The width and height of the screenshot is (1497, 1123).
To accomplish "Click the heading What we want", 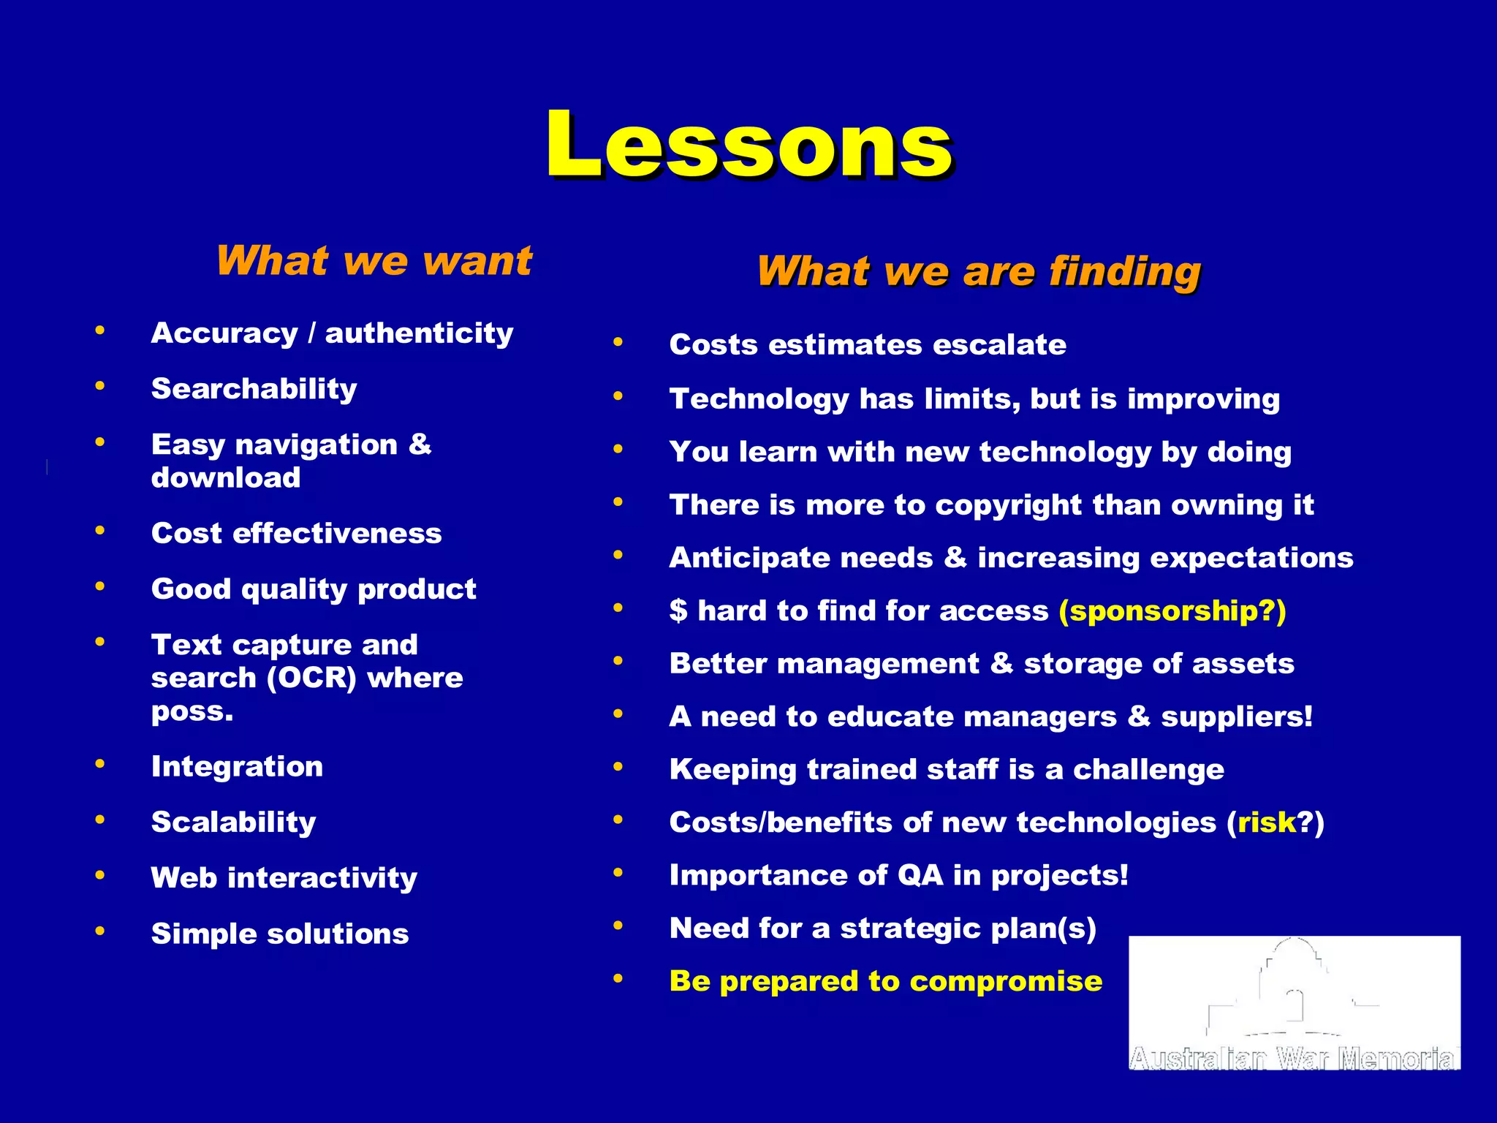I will coord(374,261).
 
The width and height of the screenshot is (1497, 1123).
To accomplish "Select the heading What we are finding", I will coord(979,271).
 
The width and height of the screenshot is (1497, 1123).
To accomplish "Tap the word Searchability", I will coord(254,389).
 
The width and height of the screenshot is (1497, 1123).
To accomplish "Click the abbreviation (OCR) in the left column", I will coord(311,678).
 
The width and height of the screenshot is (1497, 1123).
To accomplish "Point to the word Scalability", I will coord(233,823).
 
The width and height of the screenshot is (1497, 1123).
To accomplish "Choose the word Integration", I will coord(237,767).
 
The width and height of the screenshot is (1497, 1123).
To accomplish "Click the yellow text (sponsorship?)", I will coord(1172,611).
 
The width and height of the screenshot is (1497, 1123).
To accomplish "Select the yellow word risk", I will coord(1266,823).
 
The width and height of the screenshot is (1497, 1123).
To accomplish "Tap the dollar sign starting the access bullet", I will coord(678,611).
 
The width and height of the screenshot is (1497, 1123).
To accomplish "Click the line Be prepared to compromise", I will coord(885,982).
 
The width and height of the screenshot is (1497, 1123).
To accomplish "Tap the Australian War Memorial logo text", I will coord(1294,1059).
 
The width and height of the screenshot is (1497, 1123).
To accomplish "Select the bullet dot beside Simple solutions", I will coord(100,931).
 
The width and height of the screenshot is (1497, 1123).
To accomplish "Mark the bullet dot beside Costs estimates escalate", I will coord(618,341).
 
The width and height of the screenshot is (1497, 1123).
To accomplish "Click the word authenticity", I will coord(419,333).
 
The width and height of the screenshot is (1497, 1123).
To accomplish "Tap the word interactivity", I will coord(322,878).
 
